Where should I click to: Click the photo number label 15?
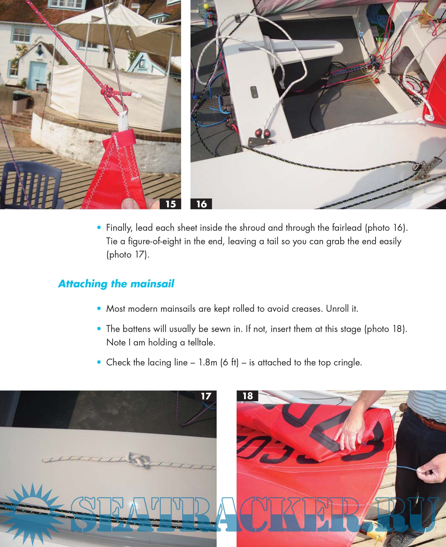coord(170,204)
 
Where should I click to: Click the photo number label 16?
coord(201,204)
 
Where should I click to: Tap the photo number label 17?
coord(206,396)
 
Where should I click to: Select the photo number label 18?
coord(247,396)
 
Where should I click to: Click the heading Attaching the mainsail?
coord(116,284)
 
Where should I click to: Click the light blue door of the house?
coord(37,76)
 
